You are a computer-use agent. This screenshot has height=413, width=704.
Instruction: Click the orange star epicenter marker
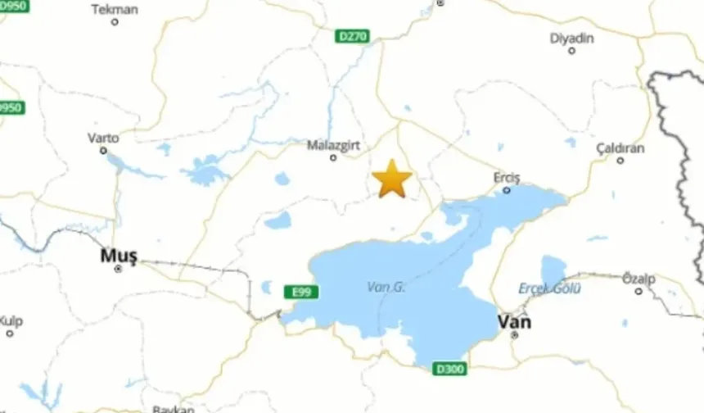pyautogui.click(x=392, y=179)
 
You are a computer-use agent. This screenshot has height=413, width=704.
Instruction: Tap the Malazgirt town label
pyautogui.click(x=332, y=145)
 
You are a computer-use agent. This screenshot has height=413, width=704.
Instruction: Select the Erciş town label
pyautogui.click(x=507, y=178)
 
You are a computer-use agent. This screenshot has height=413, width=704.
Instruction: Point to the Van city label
pyautogui.click(x=514, y=321)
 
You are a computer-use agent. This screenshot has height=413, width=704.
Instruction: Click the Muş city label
pyautogui.click(x=118, y=255)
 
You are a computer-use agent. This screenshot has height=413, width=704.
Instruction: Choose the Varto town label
pyautogui.click(x=103, y=138)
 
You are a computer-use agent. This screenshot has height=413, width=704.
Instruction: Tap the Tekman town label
pyautogui.click(x=115, y=10)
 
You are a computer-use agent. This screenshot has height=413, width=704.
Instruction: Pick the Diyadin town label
pyautogui.click(x=571, y=38)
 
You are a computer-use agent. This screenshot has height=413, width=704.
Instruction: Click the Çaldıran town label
pyautogui.click(x=620, y=148)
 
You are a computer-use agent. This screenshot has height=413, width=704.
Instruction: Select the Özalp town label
pyautogui.click(x=639, y=279)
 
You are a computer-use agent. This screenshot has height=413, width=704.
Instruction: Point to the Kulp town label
pyautogui.click(x=11, y=320)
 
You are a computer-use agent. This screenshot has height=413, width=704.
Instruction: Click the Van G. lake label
pyautogui.click(x=386, y=287)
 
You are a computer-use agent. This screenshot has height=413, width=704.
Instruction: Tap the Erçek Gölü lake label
pyautogui.click(x=549, y=288)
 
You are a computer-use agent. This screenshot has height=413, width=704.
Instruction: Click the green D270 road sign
pyautogui.click(x=353, y=36)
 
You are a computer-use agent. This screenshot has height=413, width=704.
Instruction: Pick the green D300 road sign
pyautogui.click(x=449, y=369)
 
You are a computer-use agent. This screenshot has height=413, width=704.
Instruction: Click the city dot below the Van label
pyautogui.click(x=515, y=334)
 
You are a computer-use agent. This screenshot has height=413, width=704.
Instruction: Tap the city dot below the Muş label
pyautogui.click(x=118, y=268)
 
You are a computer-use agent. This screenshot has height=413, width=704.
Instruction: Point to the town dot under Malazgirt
pyautogui.click(x=333, y=157)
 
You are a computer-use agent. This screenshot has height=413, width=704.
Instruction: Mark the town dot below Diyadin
pyautogui.click(x=571, y=51)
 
